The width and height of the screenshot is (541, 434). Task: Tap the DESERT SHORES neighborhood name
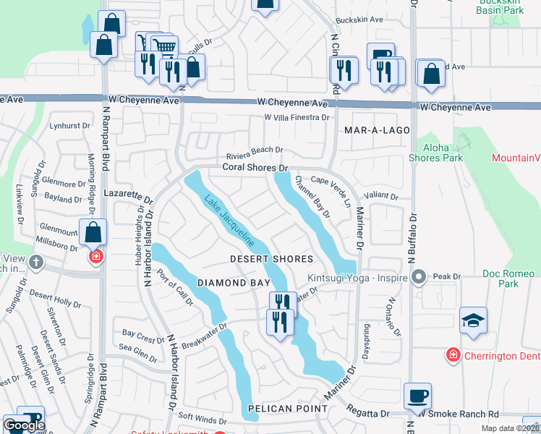pos(271,259)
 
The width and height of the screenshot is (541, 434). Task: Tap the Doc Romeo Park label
pos(510,278)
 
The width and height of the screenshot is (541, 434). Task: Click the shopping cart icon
pos(165,48)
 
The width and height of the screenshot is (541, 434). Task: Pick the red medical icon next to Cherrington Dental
pos(453,355)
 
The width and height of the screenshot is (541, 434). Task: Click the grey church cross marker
pos(37,263)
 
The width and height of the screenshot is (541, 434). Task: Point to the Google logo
pos(24,426)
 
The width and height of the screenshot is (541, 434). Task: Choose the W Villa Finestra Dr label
pos(297,116)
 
